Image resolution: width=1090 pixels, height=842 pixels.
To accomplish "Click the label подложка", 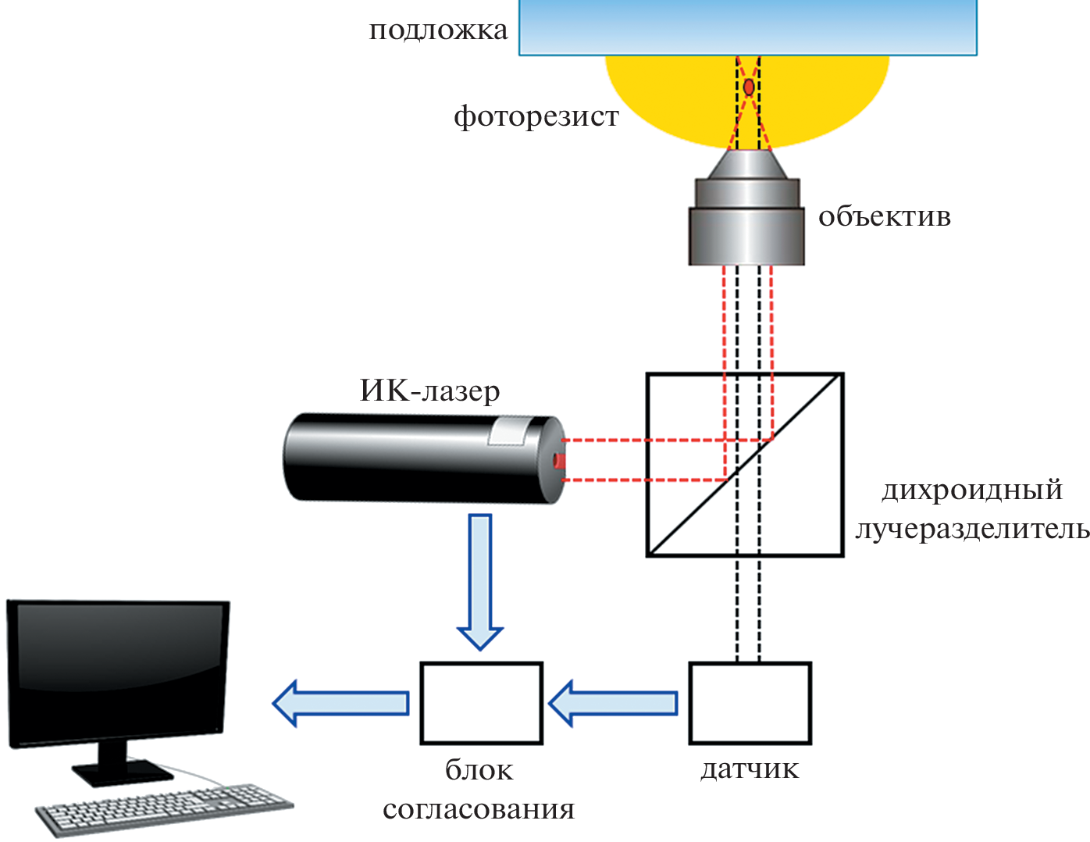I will (438, 30).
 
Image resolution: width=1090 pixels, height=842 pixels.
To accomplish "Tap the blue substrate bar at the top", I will (747, 27).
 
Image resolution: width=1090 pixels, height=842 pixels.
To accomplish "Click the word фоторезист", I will (536, 116).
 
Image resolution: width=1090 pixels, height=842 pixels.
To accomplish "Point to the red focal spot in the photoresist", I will (749, 87).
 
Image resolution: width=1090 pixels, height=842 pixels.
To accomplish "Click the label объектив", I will (884, 216).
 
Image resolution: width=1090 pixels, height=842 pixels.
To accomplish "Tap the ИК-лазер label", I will (429, 391).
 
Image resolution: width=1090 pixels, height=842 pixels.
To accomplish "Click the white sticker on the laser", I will (508, 431).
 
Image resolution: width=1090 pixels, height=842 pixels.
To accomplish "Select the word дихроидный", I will (972, 490).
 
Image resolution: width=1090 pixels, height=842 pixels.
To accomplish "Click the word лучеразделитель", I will (972, 530).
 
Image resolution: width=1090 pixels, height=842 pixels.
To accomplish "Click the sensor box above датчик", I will (750, 703).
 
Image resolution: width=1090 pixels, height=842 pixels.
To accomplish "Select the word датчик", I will (750, 769).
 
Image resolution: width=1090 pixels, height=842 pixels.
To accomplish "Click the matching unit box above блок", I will (481, 703).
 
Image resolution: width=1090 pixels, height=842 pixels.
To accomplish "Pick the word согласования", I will (479, 809).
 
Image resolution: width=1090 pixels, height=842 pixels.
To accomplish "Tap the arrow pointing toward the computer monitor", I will (340, 703).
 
